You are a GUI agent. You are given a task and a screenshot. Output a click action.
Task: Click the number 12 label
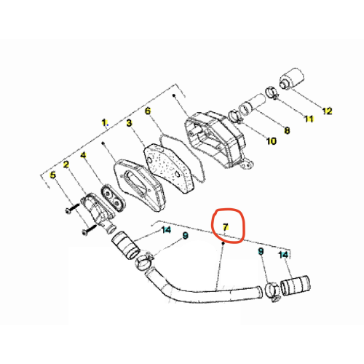pyautogui.click(x=327, y=111)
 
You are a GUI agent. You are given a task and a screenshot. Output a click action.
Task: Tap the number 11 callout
pyautogui.click(x=309, y=119)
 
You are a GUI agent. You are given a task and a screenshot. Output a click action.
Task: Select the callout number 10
pyautogui.click(x=272, y=141)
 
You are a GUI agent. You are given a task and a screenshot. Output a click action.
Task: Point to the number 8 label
pyautogui.click(x=287, y=130)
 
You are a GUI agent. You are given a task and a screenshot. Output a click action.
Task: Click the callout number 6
pyautogui.click(x=148, y=111)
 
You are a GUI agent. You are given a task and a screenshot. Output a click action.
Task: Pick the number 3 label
pyautogui.click(x=129, y=123)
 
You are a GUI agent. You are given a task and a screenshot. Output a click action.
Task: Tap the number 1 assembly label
pyautogui.click(x=104, y=122)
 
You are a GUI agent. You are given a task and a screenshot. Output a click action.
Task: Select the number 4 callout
pyautogui.click(x=83, y=155)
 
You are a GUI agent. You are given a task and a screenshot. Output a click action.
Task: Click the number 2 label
pyautogui.click(x=66, y=165)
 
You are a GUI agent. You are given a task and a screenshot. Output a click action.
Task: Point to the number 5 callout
pyautogui.click(x=52, y=175)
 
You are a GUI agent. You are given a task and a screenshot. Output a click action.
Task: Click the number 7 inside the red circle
pyautogui.click(x=226, y=227)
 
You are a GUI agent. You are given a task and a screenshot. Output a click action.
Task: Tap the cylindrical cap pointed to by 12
pyautogui.click(x=292, y=79)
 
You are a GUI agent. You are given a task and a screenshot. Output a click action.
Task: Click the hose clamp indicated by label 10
pyautogui.click(x=235, y=116)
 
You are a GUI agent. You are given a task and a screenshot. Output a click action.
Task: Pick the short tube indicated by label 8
pyautogui.click(x=253, y=105)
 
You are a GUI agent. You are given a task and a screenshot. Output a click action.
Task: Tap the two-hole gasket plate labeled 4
pyautogui.click(x=113, y=199)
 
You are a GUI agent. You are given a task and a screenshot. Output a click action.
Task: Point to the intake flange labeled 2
pyautogui.click(x=97, y=210)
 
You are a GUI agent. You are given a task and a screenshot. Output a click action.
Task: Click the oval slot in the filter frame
pyautogui.click(x=135, y=183)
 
